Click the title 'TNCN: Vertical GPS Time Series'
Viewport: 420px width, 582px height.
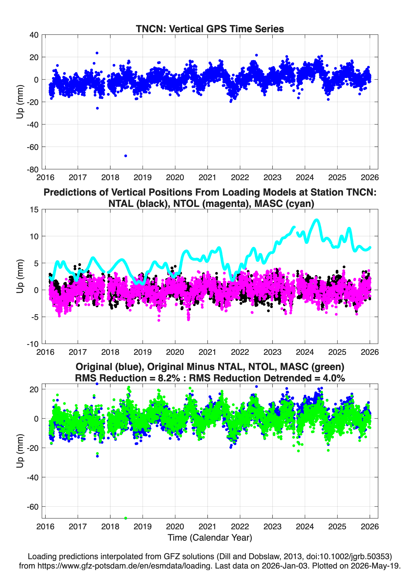point(210,29)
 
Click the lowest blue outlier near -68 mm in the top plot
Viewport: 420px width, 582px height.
point(126,156)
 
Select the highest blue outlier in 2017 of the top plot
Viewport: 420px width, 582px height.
point(97,53)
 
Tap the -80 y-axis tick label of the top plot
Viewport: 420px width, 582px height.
point(33,169)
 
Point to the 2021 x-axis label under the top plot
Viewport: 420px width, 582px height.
point(207,177)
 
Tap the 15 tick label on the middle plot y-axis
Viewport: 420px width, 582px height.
point(34,210)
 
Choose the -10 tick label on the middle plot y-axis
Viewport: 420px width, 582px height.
point(33,344)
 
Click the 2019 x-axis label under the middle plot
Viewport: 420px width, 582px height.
point(143,352)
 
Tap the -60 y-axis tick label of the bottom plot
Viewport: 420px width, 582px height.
point(33,507)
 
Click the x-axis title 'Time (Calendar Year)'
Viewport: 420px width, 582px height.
point(210,538)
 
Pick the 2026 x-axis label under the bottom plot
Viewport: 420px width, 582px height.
point(369,526)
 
